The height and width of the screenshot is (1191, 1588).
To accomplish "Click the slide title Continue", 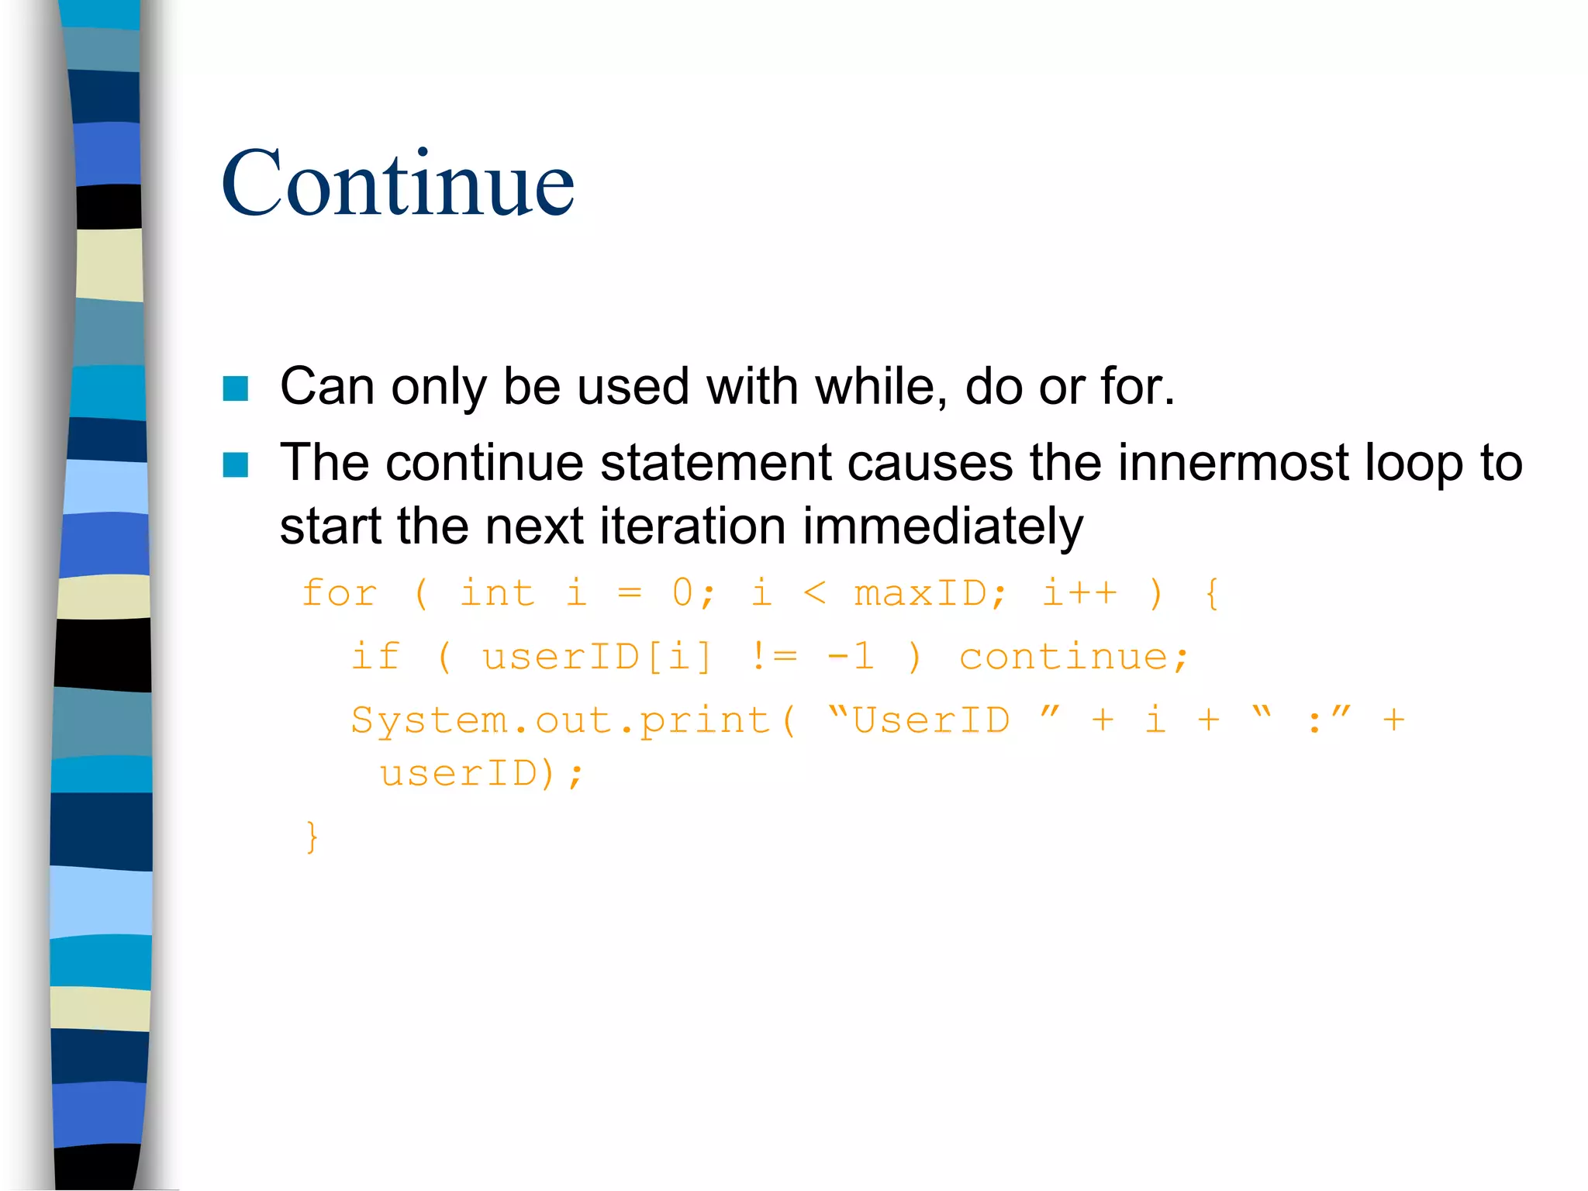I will pos(398,184).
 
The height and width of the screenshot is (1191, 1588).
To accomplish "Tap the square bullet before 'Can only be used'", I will pos(235,388).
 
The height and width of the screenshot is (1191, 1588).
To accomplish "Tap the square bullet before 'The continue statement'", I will pos(235,465).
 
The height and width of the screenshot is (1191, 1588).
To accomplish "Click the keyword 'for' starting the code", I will pos(340,594).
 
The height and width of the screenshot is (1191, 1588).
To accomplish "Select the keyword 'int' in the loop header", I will pos(497,594).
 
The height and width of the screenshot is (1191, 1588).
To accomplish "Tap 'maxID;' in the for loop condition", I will pos(930,594).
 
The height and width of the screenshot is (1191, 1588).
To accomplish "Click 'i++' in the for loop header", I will pos(1079,594).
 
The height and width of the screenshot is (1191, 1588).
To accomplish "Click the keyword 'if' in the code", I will pos(376,658).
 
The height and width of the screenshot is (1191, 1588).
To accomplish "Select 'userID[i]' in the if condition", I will pos(596,658).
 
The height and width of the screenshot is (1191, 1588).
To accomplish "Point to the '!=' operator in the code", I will pos(774,658).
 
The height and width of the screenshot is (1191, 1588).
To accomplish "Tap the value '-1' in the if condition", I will pos(851,658).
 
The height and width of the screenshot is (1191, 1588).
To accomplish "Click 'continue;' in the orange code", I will pos(1073,658).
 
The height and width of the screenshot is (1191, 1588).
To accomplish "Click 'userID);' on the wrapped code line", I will pos(481,774).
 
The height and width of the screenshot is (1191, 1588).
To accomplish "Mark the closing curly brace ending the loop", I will pos(312,837).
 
